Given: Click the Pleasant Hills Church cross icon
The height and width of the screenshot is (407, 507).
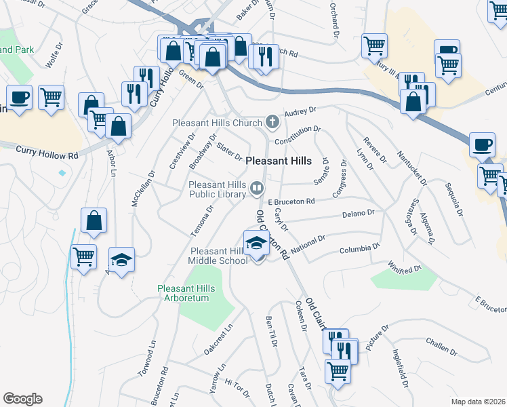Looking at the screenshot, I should [x=272, y=122].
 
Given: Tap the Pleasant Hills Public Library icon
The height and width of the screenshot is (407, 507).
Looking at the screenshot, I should [x=257, y=189].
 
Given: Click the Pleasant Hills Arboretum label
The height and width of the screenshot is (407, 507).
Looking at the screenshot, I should [x=186, y=294].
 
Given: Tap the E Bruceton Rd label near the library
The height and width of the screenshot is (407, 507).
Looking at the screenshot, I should [x=291, y=201].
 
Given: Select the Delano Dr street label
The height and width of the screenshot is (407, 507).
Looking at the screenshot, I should [x=359, y=214].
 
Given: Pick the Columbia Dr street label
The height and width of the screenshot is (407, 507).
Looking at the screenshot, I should [x=359, y=248].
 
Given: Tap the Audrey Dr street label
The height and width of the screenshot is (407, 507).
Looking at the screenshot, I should [x=302, y=111].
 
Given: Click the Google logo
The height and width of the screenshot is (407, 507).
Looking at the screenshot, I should [x=22, y=399].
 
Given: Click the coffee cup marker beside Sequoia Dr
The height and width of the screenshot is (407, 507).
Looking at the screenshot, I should [x=482, y=145].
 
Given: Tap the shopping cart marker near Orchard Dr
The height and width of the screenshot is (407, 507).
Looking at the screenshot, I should [x=374, y=46].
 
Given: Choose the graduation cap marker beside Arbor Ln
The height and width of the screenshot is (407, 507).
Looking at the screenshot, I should [x=122, y=260].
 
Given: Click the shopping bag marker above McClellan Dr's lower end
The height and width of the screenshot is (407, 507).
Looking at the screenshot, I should [x=94, y=221].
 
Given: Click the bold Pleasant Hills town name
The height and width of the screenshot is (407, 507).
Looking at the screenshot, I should [x=279, y=161].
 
